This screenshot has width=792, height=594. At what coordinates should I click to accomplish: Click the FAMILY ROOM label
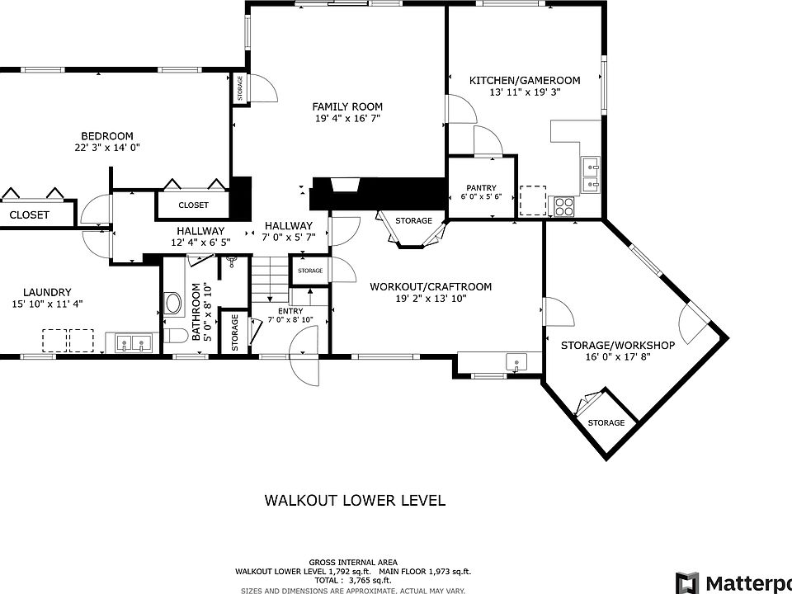pyautogui.click(x=347, y=106)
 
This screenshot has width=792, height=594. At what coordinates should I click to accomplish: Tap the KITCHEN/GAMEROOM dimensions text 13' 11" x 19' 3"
pyautogui.click(x=525, y=92)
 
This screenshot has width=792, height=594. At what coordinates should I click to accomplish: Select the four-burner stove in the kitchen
pyautogui.click(x=564, y=206)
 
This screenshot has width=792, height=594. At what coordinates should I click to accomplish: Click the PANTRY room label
pyautogui.click(x=481, y=187)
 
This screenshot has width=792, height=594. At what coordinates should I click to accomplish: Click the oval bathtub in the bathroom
pyautogui.click(x=172, y=304)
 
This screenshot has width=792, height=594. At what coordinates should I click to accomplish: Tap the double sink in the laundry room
pyautogui.click(x=132, y=344)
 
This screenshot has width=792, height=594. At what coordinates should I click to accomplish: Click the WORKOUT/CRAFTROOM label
pyautogui.click(x=431, y=287)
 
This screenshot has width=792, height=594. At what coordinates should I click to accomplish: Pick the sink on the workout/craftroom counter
pyautogui.click(x=516, y=362)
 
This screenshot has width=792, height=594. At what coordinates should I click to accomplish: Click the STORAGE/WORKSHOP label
pyautogui.click(x=618, y=346)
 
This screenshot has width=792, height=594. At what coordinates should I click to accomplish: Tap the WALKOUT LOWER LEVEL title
pyautogui.click(x=355, y=500)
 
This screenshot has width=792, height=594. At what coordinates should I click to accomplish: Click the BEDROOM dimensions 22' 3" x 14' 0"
pyautogui.click(x=106, y=148)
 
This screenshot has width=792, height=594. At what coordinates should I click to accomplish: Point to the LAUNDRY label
pyautogui.click(x=47, y=292)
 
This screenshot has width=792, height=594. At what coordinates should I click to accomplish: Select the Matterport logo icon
pyautogui.click(x=687, y=583)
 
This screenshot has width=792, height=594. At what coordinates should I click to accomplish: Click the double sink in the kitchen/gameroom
pyautogui.click(x=591, y=175)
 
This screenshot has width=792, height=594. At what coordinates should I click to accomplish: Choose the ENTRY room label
pyautogui.click(x=290, y=311)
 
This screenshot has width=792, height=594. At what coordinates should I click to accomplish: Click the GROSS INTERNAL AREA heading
pyautogui.click(x=353, y=562)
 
